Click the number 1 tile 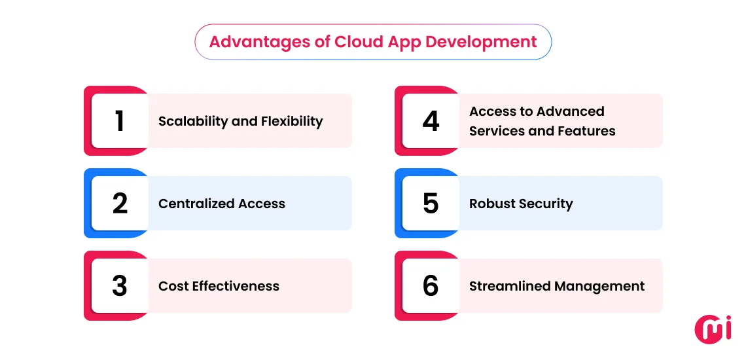pos(120,121)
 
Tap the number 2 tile pos(120,204)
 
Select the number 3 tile pos(120,286)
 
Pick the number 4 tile pos(431,121)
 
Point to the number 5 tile pos(431,204)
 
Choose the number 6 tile pos(431,286)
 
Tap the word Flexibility pos(292,122)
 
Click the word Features pos(586,131)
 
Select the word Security pos(547,204)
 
